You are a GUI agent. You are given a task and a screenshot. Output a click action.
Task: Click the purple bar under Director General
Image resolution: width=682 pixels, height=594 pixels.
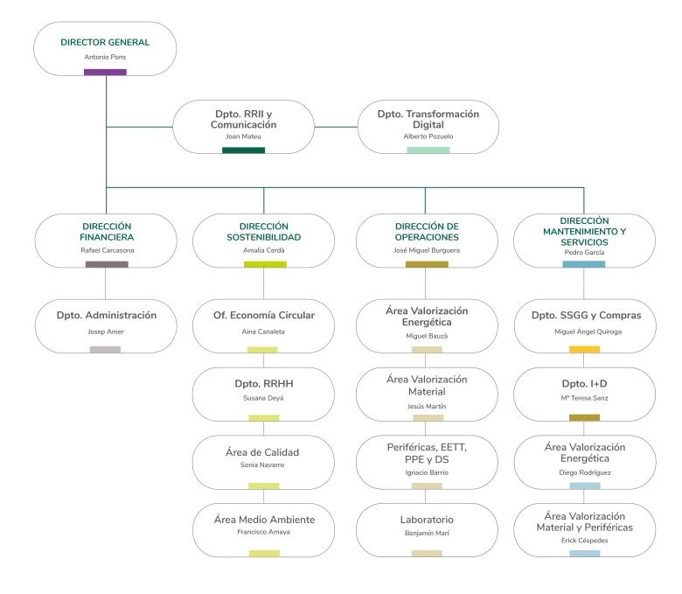(x=105, y=72)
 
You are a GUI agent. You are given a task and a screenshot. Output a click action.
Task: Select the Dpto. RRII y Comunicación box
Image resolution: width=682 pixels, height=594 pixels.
(x=243, y=126)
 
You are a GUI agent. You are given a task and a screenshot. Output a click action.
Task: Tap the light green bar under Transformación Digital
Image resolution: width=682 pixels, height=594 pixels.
(x=428, y=150)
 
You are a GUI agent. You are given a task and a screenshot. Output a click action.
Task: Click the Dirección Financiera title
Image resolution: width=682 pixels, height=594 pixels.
(x=106, y=232)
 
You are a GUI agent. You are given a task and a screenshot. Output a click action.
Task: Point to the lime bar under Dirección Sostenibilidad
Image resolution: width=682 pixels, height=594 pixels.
(x=264, y=263)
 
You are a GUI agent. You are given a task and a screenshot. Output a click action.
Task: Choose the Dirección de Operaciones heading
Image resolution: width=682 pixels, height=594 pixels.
(x=427, y=232)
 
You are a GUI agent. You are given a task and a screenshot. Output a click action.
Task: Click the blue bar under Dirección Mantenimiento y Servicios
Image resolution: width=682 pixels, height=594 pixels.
(x=584, y=263)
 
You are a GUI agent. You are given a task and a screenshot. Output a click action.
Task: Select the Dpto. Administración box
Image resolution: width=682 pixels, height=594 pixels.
(x=106, y=325)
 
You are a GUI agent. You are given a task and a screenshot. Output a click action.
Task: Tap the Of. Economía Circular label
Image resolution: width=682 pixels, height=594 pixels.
(x=264, y=315)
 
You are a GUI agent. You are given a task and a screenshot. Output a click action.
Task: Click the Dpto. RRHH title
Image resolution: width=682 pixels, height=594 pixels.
(x=264, y=383)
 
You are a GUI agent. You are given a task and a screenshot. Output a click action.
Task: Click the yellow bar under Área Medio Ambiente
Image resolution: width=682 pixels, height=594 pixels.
(x=264, y=553)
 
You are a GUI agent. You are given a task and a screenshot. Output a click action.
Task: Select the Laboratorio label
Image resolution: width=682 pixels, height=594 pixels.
(x=427, y=520)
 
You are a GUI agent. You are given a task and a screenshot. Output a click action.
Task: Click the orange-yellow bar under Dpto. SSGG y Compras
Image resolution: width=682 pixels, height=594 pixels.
(x=584, y=349)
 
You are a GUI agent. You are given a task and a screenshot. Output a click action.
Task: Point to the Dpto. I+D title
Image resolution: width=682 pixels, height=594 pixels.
(x=584, y=383)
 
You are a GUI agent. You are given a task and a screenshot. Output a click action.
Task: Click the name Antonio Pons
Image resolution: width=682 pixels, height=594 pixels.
(x=105, y=57)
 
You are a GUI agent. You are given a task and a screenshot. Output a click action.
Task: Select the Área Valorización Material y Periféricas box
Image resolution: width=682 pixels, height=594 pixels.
(x=584, y=529)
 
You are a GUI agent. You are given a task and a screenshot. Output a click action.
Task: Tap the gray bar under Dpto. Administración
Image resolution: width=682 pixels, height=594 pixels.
(x=105, y=349)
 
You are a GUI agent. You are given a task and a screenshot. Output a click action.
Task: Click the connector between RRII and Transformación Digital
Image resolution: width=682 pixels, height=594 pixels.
(x=336, y=127)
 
